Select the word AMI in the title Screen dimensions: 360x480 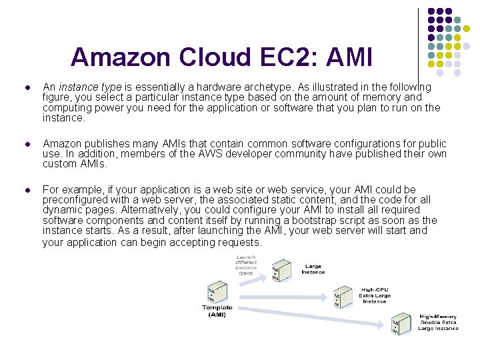point(349,57)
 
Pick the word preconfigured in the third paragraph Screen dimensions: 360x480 point(75,200)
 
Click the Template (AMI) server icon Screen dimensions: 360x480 point(215,291)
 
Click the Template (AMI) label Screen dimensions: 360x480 point(217,311)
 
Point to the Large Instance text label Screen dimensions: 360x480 point(313,269)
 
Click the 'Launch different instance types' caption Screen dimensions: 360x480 point(246,265)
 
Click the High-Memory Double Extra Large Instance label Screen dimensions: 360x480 point(438,323)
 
